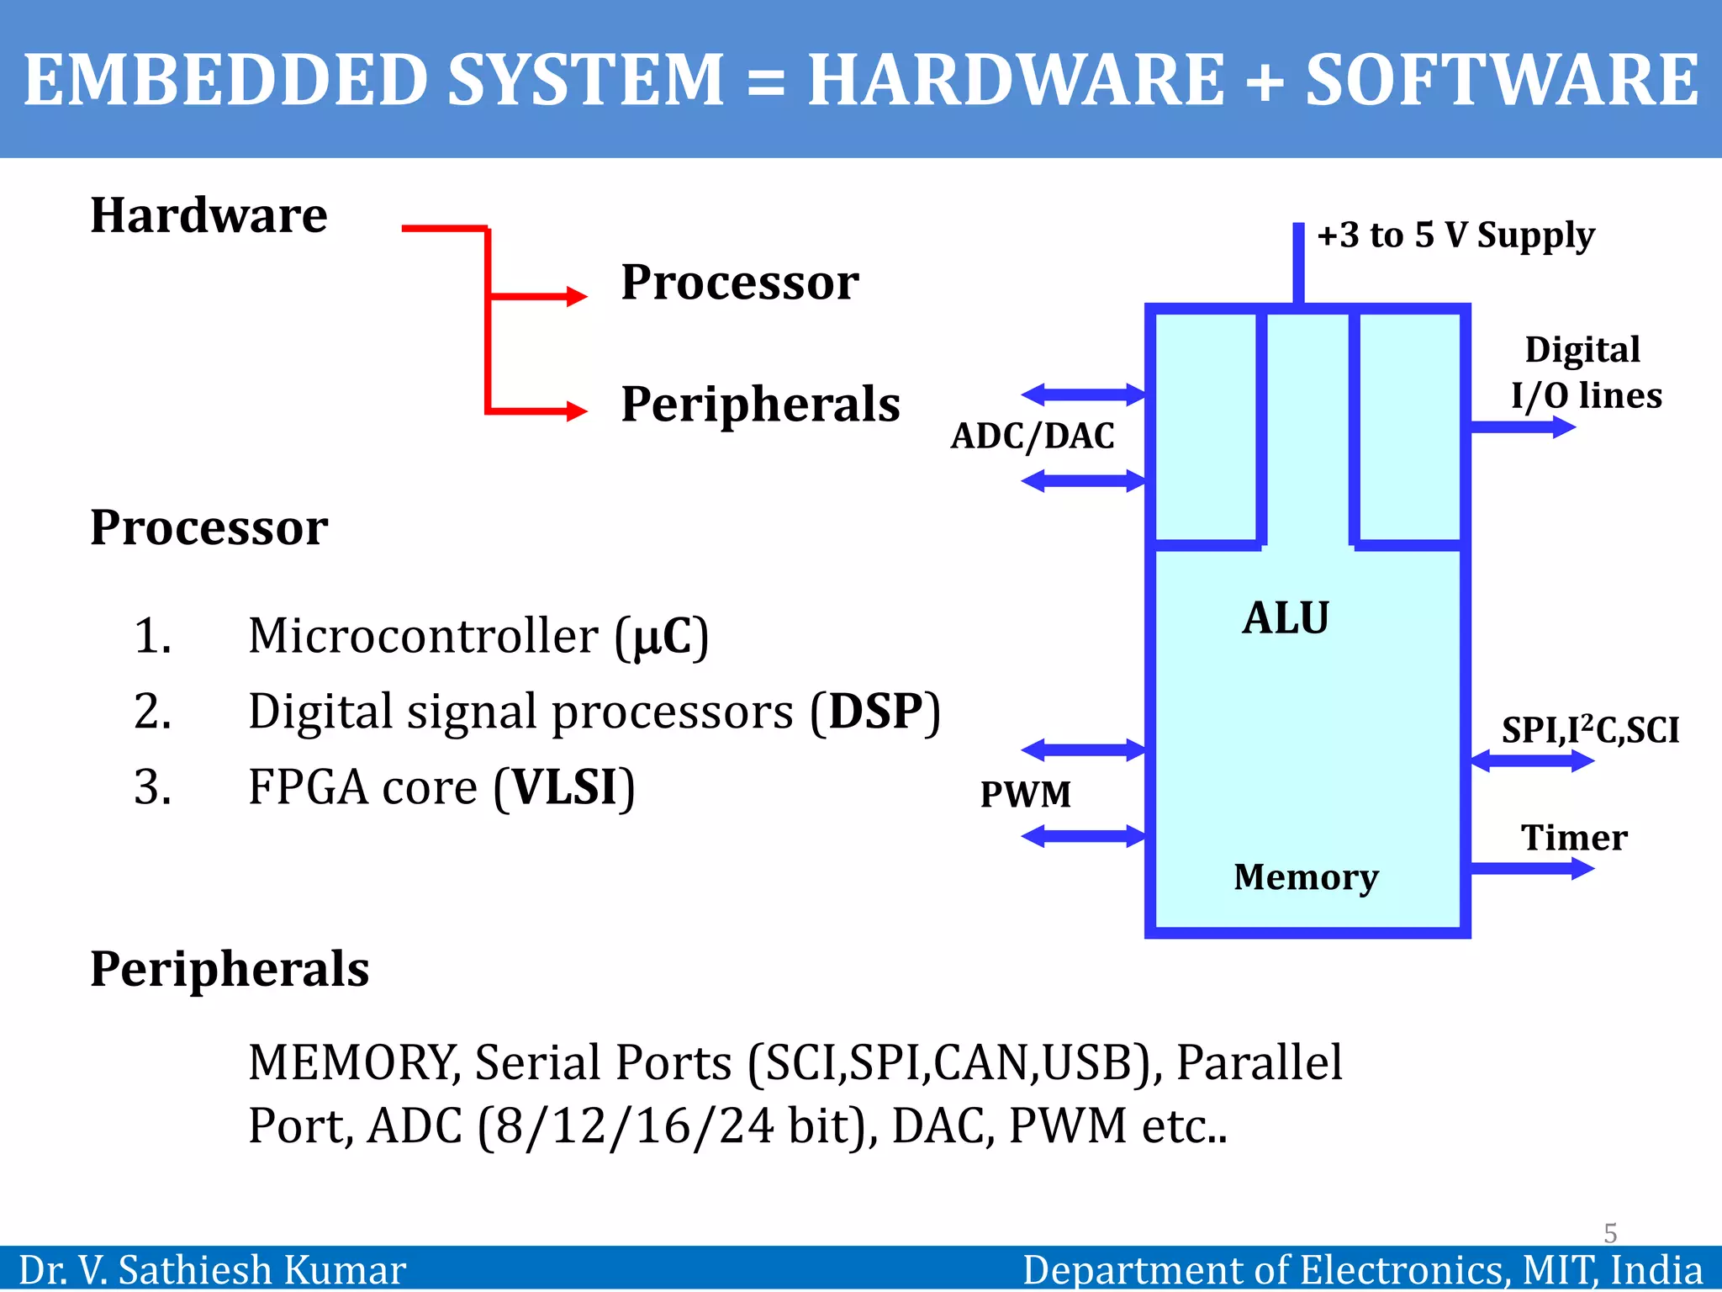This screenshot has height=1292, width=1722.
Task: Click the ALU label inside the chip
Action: (x=1286, y=618)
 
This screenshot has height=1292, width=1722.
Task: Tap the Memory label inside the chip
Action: (x=1306, y=876)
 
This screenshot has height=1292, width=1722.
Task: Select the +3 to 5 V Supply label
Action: (x=1455, y=235)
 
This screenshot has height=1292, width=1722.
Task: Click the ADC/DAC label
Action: (x=1033, y=436)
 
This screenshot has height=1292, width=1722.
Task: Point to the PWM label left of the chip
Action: (x=1026, y=794)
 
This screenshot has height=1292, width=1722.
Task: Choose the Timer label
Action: (x=1574, y=838)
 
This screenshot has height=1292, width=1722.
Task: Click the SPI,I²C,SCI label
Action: (x=1590, y=729)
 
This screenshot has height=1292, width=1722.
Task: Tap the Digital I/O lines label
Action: (x=1586, y=372)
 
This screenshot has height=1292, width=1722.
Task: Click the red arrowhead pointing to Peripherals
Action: (x=577, y=411)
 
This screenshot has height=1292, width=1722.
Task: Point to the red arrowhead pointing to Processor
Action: (x=577, y=296)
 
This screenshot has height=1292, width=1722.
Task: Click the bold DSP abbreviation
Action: (x=875, y=712)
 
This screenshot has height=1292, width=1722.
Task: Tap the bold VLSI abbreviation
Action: (x=564, y=787)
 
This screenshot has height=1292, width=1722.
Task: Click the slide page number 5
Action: (x=1610, y=1233)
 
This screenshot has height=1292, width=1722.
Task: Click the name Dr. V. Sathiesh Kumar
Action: (x=212, y=1270)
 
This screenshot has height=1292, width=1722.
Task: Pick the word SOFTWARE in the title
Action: (x=1502, y=80)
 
